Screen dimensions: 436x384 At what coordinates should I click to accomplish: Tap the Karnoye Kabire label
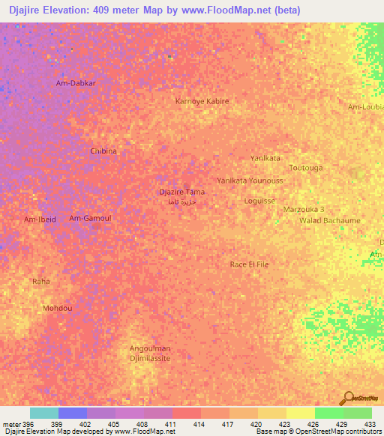tap(202, 100)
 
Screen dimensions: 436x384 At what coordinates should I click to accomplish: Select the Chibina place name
tap(103, 151)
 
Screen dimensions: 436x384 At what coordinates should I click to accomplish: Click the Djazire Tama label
tap(182, 192)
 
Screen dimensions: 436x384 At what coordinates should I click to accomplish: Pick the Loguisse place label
tap(260, 201)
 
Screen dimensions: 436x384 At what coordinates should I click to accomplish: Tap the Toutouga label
tap(305, 167)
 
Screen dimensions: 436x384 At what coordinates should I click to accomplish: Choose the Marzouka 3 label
tap(304, 209)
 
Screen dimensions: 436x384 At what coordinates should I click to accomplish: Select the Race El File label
tap(250, 264)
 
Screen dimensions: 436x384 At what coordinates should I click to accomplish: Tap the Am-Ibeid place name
tap(40, 219)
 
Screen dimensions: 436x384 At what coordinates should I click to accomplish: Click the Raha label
tap(40, 281)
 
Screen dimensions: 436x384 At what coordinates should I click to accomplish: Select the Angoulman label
tap(151, 348)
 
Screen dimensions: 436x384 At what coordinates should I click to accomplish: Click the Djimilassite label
tap(151, 359)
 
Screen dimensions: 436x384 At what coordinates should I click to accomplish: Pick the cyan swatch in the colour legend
tap(44, 413)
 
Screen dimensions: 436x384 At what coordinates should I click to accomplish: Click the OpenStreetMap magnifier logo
tap(349, 397)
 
